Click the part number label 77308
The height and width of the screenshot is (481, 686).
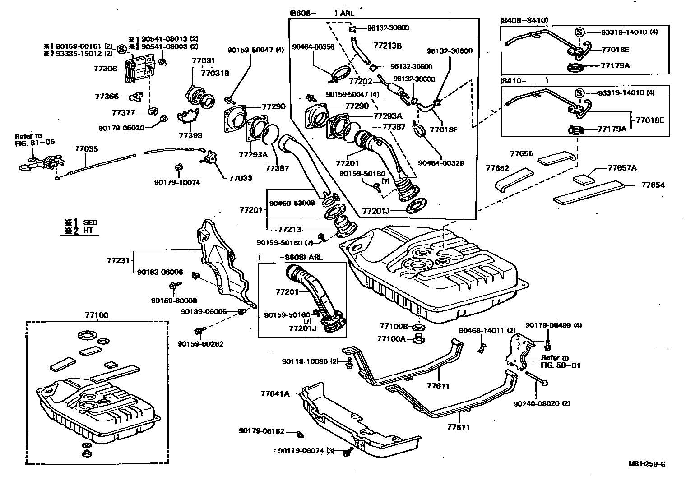[105, 69]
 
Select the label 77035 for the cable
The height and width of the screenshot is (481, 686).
[86, 148]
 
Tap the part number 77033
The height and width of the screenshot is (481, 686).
[240, 178]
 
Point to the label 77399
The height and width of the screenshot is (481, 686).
[190, 135]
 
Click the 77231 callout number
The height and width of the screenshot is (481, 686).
[118, 260]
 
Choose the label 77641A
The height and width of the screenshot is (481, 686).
[275, 393]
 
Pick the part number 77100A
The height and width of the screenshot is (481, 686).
[391, 338]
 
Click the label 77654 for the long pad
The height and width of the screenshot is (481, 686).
[653, 185]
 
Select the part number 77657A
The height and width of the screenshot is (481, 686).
[622, 168]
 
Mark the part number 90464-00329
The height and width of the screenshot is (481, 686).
[441, 163]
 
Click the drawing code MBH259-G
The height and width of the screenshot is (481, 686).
[647, 464]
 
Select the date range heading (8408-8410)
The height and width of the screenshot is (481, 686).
[524, 20]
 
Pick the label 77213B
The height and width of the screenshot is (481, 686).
[387, 46]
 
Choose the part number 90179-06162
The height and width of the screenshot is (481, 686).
[261, 431]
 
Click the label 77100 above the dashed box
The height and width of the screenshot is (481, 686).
[97, 315]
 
